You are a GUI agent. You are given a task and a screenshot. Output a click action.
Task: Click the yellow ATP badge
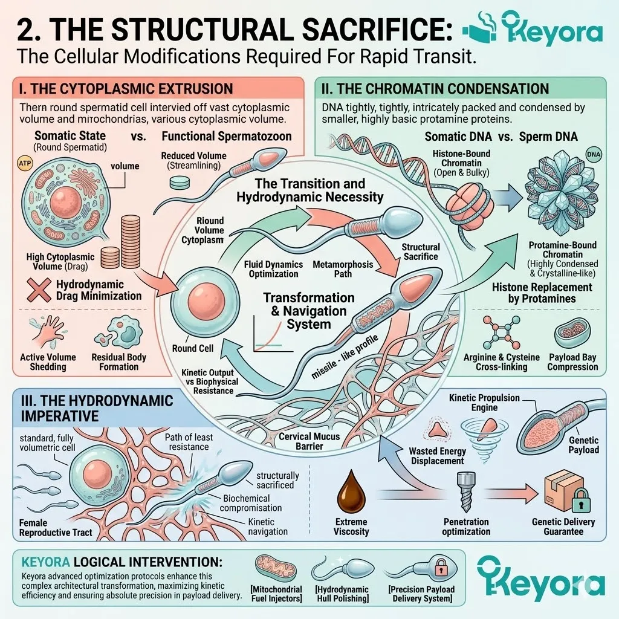pyautogui.click(x=25, y=163)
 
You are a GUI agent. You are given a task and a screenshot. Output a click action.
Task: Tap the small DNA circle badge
pyautogui.click(x=594, y=154)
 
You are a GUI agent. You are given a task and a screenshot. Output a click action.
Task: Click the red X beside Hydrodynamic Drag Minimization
pyautogui.click(x=39, y=290)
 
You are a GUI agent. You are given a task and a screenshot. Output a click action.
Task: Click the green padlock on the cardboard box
pyautogui.click(x=580, y=500)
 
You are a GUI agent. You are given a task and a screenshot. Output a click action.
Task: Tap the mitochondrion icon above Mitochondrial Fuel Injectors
pyautogui.click(x=276, y=568)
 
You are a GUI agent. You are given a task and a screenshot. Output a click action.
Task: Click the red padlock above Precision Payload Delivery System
pyautogui.click(x=441, y=567)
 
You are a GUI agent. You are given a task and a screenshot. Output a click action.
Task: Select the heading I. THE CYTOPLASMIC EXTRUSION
pyautogui.click(x=126, y=89)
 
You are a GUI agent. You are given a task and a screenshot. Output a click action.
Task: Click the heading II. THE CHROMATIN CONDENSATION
pyautogui.click(x=435, y=89)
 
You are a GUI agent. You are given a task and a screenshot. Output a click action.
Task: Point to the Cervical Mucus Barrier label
pyautogui.click(x=309, y=441)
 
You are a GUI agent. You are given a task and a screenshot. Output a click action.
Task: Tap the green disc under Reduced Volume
pyautogui.click(x=180, y=183)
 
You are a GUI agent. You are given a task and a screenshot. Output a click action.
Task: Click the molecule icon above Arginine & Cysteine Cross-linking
pyautogui.click(x=501, y=332)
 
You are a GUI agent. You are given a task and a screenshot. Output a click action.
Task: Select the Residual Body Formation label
pyautogui.click(x=119, y=362)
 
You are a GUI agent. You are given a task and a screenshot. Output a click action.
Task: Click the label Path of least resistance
pyautogui.click(x=189, y=442)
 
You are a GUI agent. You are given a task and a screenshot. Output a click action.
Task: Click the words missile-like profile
pyautogui.click(x=344, y=357)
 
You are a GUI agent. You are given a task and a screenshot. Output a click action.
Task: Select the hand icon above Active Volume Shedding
pyautogui.click(x=47, y=332)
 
